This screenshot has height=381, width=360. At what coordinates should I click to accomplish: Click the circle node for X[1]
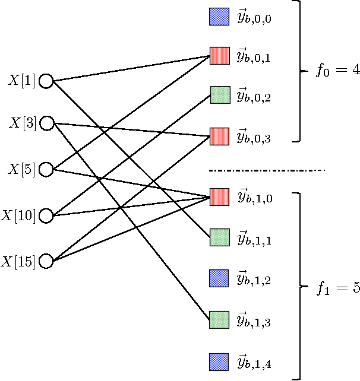click(46, 81)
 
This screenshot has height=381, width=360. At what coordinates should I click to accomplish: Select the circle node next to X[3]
click(46, 123)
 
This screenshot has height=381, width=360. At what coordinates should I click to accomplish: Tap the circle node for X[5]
click(46, 170)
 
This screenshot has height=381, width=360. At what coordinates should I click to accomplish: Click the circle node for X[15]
click(46, 261)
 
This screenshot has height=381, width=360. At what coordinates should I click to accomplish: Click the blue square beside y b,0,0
click(219, 17)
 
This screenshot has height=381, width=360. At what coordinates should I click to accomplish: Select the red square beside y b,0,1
click(219, 56)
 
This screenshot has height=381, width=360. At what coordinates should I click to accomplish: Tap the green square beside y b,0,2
click(219, 95)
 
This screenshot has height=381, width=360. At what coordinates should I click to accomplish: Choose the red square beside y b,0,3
click(219, 136)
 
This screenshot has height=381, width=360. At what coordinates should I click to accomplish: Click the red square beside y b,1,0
click(219, 196)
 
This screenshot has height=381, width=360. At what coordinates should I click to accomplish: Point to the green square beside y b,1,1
click(219, 237)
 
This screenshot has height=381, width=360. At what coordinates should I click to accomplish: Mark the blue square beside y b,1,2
click(219, 278)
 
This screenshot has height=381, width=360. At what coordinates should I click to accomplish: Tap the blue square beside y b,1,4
click(219, 361)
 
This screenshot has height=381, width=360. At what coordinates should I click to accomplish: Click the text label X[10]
click(21, 215)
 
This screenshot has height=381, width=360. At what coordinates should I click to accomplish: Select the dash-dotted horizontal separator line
click(267, 171)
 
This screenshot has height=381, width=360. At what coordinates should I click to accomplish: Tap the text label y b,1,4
click(254, 362)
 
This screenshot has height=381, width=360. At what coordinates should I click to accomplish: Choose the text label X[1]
click(22, 80)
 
